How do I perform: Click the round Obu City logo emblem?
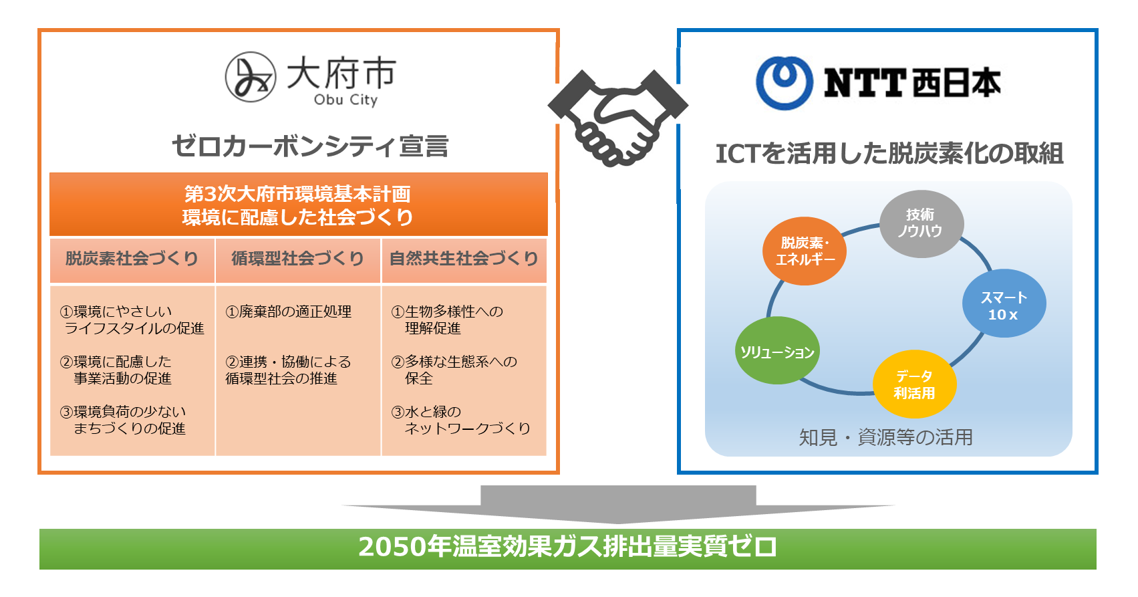pyautogui.click(x=251, y=77)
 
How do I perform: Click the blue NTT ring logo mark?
pyautogui.click(x=784, y=82)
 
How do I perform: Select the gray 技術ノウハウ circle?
pyautogui.click(x=921, y=223)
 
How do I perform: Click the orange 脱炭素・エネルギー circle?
pyautogui.click(x=805, y=251)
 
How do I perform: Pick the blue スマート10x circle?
pyautogui.click(x=1004, y=304)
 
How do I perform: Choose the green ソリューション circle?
pyautogui.click(x=776, y=351)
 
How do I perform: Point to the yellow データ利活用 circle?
pyautogui.click(x=914, y=384)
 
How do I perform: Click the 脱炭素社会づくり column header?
pyautogui.click(x=132, y=259)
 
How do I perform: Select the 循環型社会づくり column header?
pyautogui.click(x=298, y=259)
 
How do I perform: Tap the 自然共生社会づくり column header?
pyautogui.click(x=464, y=259)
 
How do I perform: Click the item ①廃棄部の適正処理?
pyautogui.click(x=289, y=312)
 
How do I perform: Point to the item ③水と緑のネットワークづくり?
pyautogui.click(x=461, y=420)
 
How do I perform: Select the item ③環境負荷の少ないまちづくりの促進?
pyautogui.click(x=124, y=420)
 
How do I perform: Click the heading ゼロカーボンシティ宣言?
pyautogui.click(x=310, y=146)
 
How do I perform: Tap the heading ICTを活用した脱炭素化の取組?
pyautogui.click(x=889, y=154)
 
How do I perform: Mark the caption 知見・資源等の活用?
pyautogui.click(x=886, y=437)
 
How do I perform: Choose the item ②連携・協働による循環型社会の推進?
pyautogui.click(x=288, y=370)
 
